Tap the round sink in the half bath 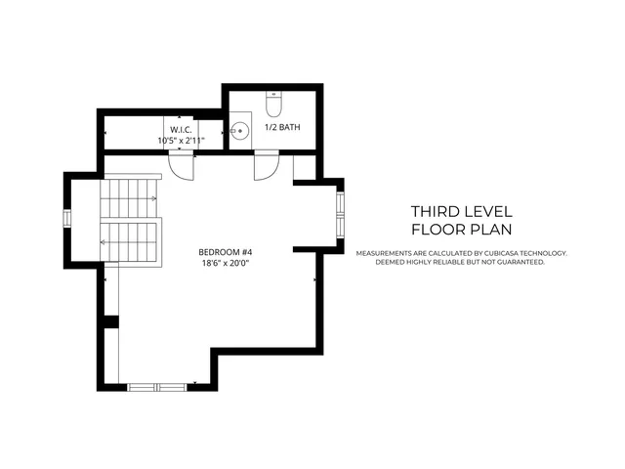[x=239, y=129]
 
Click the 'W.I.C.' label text [x=181, y=130]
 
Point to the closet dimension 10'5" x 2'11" [x=181, y=141]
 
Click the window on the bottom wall [x=157, y=386]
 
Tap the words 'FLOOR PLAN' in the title [x=461, y=230]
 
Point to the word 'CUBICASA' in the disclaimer [x=498, y=253]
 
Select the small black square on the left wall [x=112, y=321]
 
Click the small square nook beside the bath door [x=305, y=167]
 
